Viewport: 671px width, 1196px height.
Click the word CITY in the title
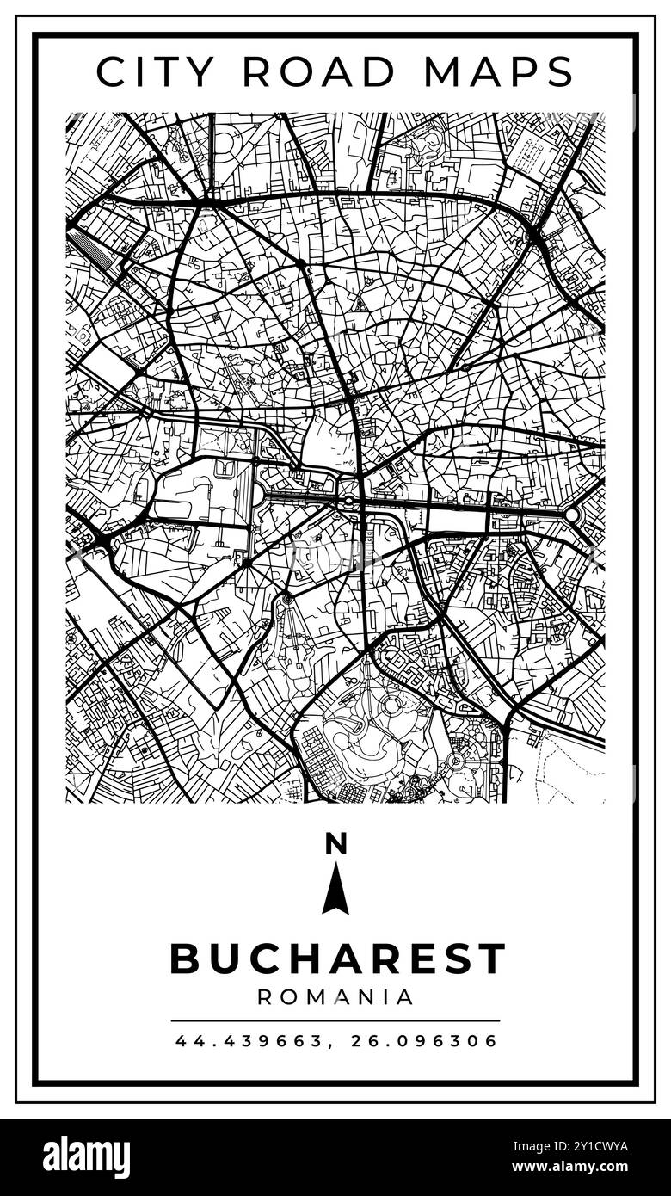(156, 71)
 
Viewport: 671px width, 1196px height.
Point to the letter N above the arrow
(335, 844)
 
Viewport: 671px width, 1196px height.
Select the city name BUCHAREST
(337, 959)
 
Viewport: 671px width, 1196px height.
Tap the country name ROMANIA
(335, 997)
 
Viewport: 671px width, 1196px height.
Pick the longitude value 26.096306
(425, 1041)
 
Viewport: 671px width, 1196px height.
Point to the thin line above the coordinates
(335, 1021)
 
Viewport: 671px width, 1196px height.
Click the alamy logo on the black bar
(86, 1157)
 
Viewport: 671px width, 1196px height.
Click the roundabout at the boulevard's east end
(573, 514)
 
